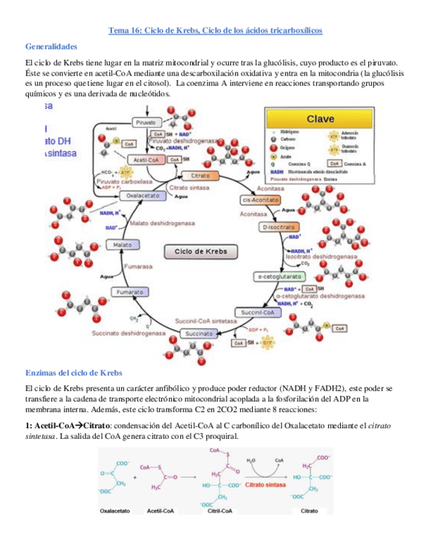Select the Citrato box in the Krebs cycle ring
coord(200,176)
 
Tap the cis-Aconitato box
coord(257,200)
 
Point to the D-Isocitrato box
coord(273,227)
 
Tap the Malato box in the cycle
coord(123,244)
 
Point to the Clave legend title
coord(319,119)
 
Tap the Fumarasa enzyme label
coord(138,266)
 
